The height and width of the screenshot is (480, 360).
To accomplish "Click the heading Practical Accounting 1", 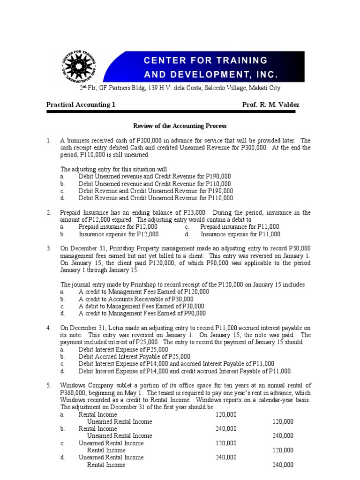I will point(81,105).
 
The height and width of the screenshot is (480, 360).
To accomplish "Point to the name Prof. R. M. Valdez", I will point(270,105).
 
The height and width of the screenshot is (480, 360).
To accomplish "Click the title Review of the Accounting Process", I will point(180,126).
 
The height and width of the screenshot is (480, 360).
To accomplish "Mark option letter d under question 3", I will point(62,313).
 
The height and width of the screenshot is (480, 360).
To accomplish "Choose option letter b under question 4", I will point(62,357).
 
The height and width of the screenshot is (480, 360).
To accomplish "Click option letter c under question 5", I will point(62,443).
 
